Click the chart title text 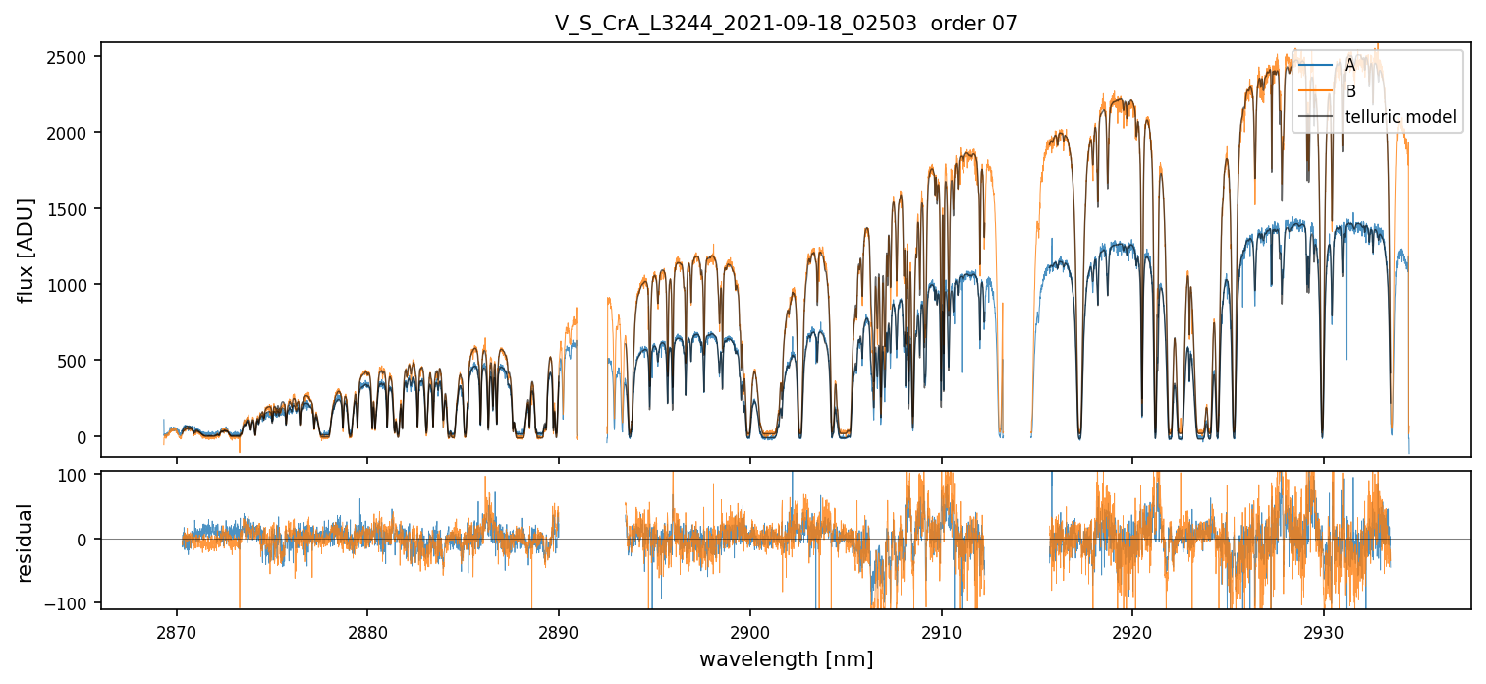(786, 23)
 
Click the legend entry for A (1349, 65)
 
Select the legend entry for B (1349, 91)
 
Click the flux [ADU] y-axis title (27, 250)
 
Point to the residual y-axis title (27, 541)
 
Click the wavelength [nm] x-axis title (786, 659)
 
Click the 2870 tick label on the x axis (177, 629)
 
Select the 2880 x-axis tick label (367, 629)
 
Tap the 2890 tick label (559, 629)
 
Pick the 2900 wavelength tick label (750, 629)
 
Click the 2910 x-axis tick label (942, 629)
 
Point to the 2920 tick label (1132, 629)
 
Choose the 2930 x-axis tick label (1324, 629)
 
